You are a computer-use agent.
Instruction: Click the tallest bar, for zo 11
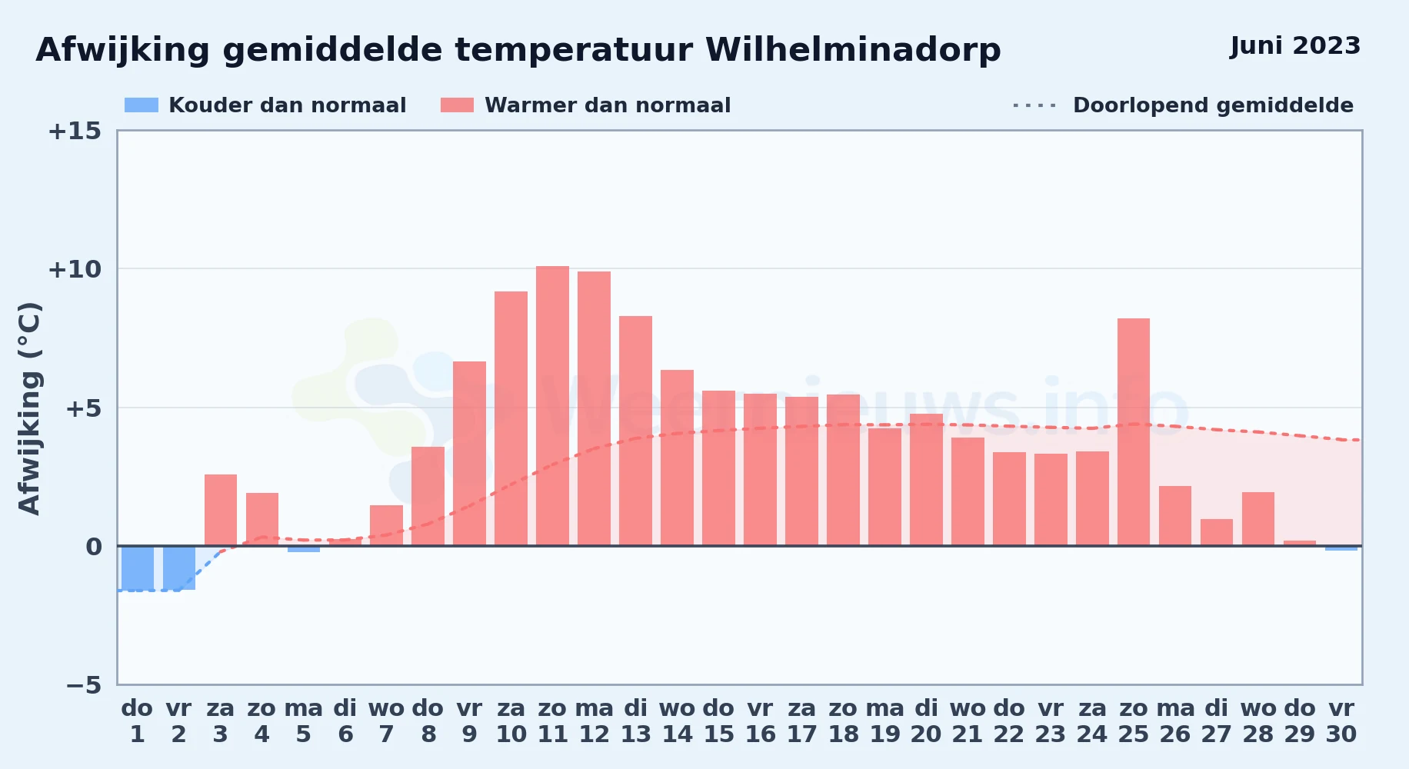pos(552,406)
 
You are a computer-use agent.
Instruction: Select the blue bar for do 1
pos(138,568)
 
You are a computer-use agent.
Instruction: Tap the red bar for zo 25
pos(1134,432)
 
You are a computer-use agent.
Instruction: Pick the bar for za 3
pos(221,510)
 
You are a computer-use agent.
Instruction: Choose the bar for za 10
pos(511,418)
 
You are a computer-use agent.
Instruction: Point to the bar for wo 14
pos(677,458)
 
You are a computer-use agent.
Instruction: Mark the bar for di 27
pos(1217,532)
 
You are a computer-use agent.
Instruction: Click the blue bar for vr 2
pos(179,568)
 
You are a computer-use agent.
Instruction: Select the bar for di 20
pos(926,480)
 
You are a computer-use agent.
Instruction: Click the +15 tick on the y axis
pos(75,131)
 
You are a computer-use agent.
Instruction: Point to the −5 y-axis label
pos(83,684)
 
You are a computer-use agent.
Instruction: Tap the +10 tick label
pos(75,269)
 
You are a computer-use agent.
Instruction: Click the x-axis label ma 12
pos(595,721)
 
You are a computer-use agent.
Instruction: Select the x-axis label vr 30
pos(1341,721)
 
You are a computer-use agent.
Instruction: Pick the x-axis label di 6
pos(345,721)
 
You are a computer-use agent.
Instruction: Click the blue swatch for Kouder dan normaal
pos(142,105)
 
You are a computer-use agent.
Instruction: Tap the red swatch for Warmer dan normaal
pos(457,105)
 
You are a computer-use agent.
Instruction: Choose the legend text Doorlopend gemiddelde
pos(1213,105)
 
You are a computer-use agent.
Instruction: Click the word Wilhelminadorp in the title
pos(853,50)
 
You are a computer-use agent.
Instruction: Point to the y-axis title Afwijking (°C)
pos(29,408)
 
